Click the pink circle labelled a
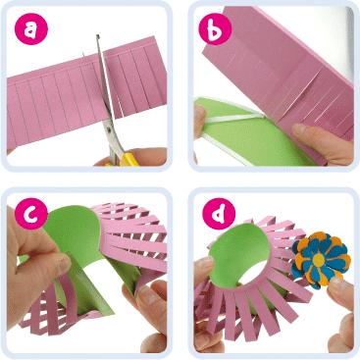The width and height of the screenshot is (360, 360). tap(30, 28)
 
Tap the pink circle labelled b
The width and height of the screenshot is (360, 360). tap(215, 28)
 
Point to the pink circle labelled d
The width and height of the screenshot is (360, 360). tap(219, 214)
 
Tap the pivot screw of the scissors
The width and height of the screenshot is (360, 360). tap(108, 130)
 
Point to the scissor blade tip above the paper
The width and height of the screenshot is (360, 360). tap(97, 35)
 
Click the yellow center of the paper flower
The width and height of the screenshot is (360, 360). tap(319, 260)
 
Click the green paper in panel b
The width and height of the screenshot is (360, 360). tap(248, 134)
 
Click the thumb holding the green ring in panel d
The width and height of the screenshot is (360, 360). tap(203, 268)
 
